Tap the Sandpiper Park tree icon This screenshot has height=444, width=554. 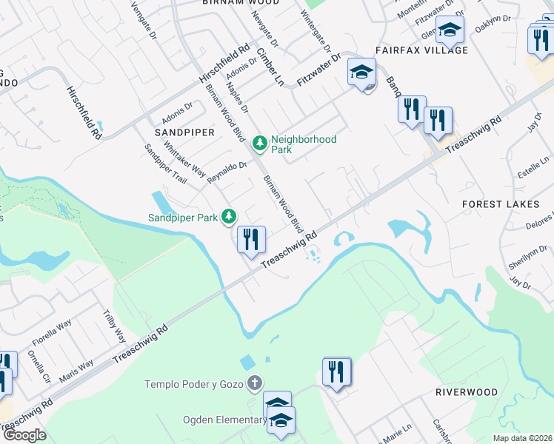[x=230, y=216]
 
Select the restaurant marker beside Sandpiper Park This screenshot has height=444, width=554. [x=251, y=240]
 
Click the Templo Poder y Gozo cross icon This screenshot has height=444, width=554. [x=254, y=383]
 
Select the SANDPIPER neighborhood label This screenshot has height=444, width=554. [x=184, y=132]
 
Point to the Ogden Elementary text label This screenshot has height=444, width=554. [x=224, y=420]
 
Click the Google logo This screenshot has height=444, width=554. [x=24, y=435]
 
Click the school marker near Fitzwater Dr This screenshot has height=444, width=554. [x=361, y=73]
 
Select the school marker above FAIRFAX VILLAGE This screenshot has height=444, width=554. [x=449, y=31]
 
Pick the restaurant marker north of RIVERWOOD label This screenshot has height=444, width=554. [x=337, y=372]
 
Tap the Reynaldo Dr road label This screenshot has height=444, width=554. [x=227, y=173]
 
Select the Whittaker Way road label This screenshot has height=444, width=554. [x=184, y=157]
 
